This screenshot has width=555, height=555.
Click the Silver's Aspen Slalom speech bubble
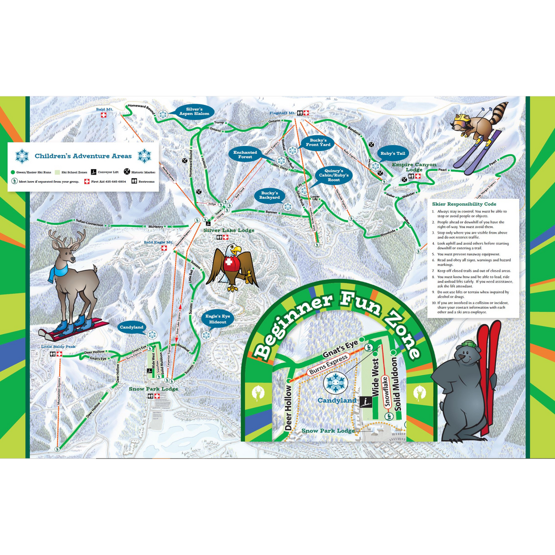[x=194, y=112]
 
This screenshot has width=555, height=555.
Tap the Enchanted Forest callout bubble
[x=245, y=154]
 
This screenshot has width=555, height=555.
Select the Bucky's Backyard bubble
[x=269, y=195]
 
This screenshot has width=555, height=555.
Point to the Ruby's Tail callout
[x=393, y=153]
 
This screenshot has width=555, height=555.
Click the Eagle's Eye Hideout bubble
[x=218, y=319]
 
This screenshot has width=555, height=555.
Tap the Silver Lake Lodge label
[x=229, y=231]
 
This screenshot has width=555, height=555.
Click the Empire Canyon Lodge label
[x=414, y=166]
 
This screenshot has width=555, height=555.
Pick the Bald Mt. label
[x=104, y=109]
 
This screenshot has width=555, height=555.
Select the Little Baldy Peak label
[x=59, y=347]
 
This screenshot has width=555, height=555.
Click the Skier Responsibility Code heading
[x=464, y=204]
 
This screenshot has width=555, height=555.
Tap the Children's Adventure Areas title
[x=83, y=156]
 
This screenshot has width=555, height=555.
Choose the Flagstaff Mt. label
[x=282, y=113]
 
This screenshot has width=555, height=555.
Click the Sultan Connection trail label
[x=89, y=223]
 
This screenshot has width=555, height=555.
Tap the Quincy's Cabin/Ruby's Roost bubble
[x=334, y=175]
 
